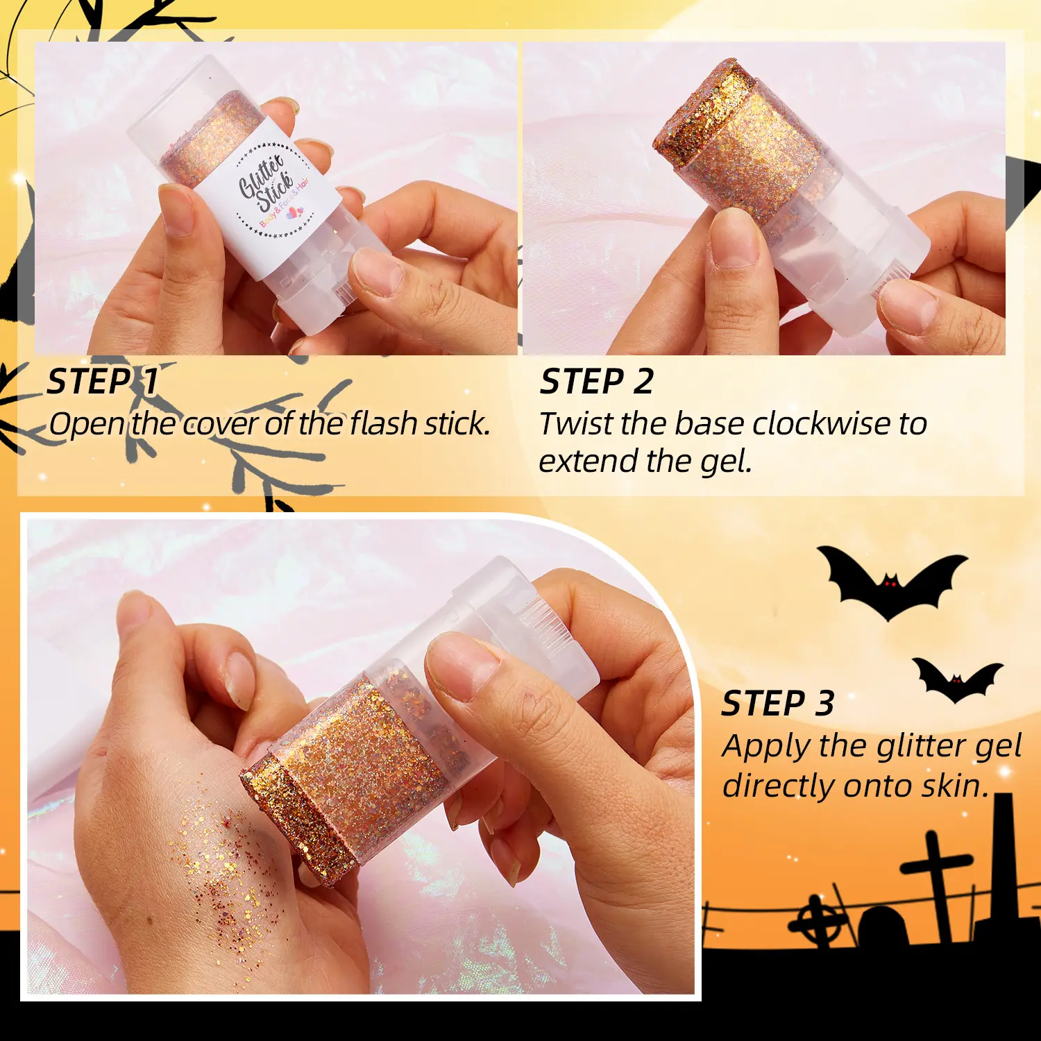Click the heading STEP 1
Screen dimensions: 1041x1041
click(103, 382)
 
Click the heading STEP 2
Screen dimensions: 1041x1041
click(597, 382)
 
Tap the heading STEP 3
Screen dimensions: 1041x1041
click(778, 703)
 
